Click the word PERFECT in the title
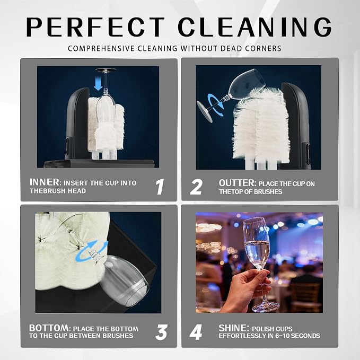[x=95, y=27]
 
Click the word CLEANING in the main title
[x=255, y=27]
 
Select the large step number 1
[x=160, y=187]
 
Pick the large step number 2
[x=196, y=187]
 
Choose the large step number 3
[x=161, y=332]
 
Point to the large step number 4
[x=196, y=332]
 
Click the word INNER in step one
[x=45, y=182]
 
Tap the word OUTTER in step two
[x=237, y=183]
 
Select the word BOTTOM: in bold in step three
[x=50, y=328]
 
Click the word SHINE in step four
[x=233, y=328]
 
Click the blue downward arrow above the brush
[x=99, y=83]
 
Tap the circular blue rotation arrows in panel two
[x=216, y=104]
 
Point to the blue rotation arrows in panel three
[x=91, y=251]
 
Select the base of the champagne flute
[x=266, y=307]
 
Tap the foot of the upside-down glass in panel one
[x=106, y=69]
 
